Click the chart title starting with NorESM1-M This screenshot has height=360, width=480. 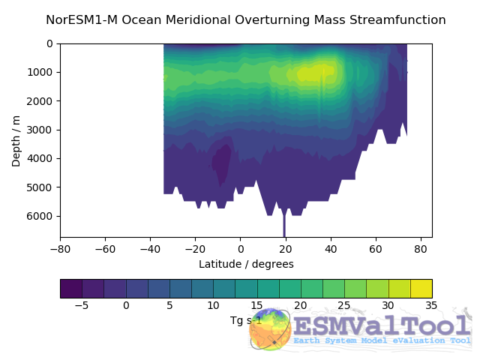pos(246,20)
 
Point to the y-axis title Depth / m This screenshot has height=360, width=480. pos(16,140)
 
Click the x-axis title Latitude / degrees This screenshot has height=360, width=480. pos(246,264)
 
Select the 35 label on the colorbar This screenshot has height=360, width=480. pos(431,306)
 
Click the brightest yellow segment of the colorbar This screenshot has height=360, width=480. pos(421,289)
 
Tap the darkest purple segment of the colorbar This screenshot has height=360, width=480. pos(71,289)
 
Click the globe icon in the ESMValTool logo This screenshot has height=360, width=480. pos(270,329)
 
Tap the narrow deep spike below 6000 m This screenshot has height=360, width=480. pos(284,225)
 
